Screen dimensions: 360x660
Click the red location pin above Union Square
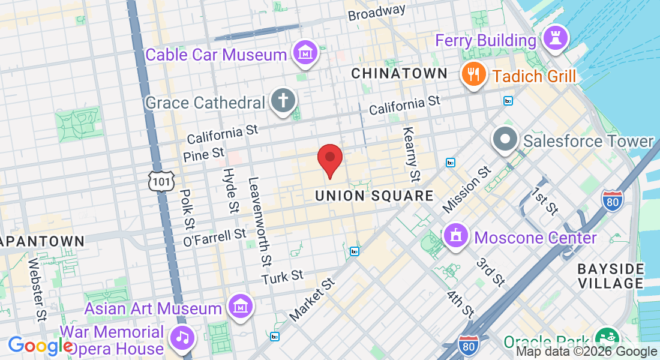coord(329,158)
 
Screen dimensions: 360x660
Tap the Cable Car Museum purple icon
coord(306,53)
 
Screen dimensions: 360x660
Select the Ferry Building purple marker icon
coord(555,39)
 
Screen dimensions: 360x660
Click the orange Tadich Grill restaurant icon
coord(473,74)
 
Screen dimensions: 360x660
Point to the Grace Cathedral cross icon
coord(282,101)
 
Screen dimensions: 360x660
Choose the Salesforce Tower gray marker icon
coord(505,139)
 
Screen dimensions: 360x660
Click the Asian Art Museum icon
coord(240,307)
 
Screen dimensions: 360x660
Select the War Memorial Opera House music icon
coord(182,337)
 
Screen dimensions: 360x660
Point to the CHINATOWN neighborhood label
coord(399,73)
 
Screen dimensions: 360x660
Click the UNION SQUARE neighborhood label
coord(374,196)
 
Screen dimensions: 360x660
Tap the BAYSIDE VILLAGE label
coord(611,275)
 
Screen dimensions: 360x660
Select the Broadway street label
coord(377,11)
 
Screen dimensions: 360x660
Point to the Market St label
coord(311,299)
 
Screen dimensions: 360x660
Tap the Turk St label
coord(283,276)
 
